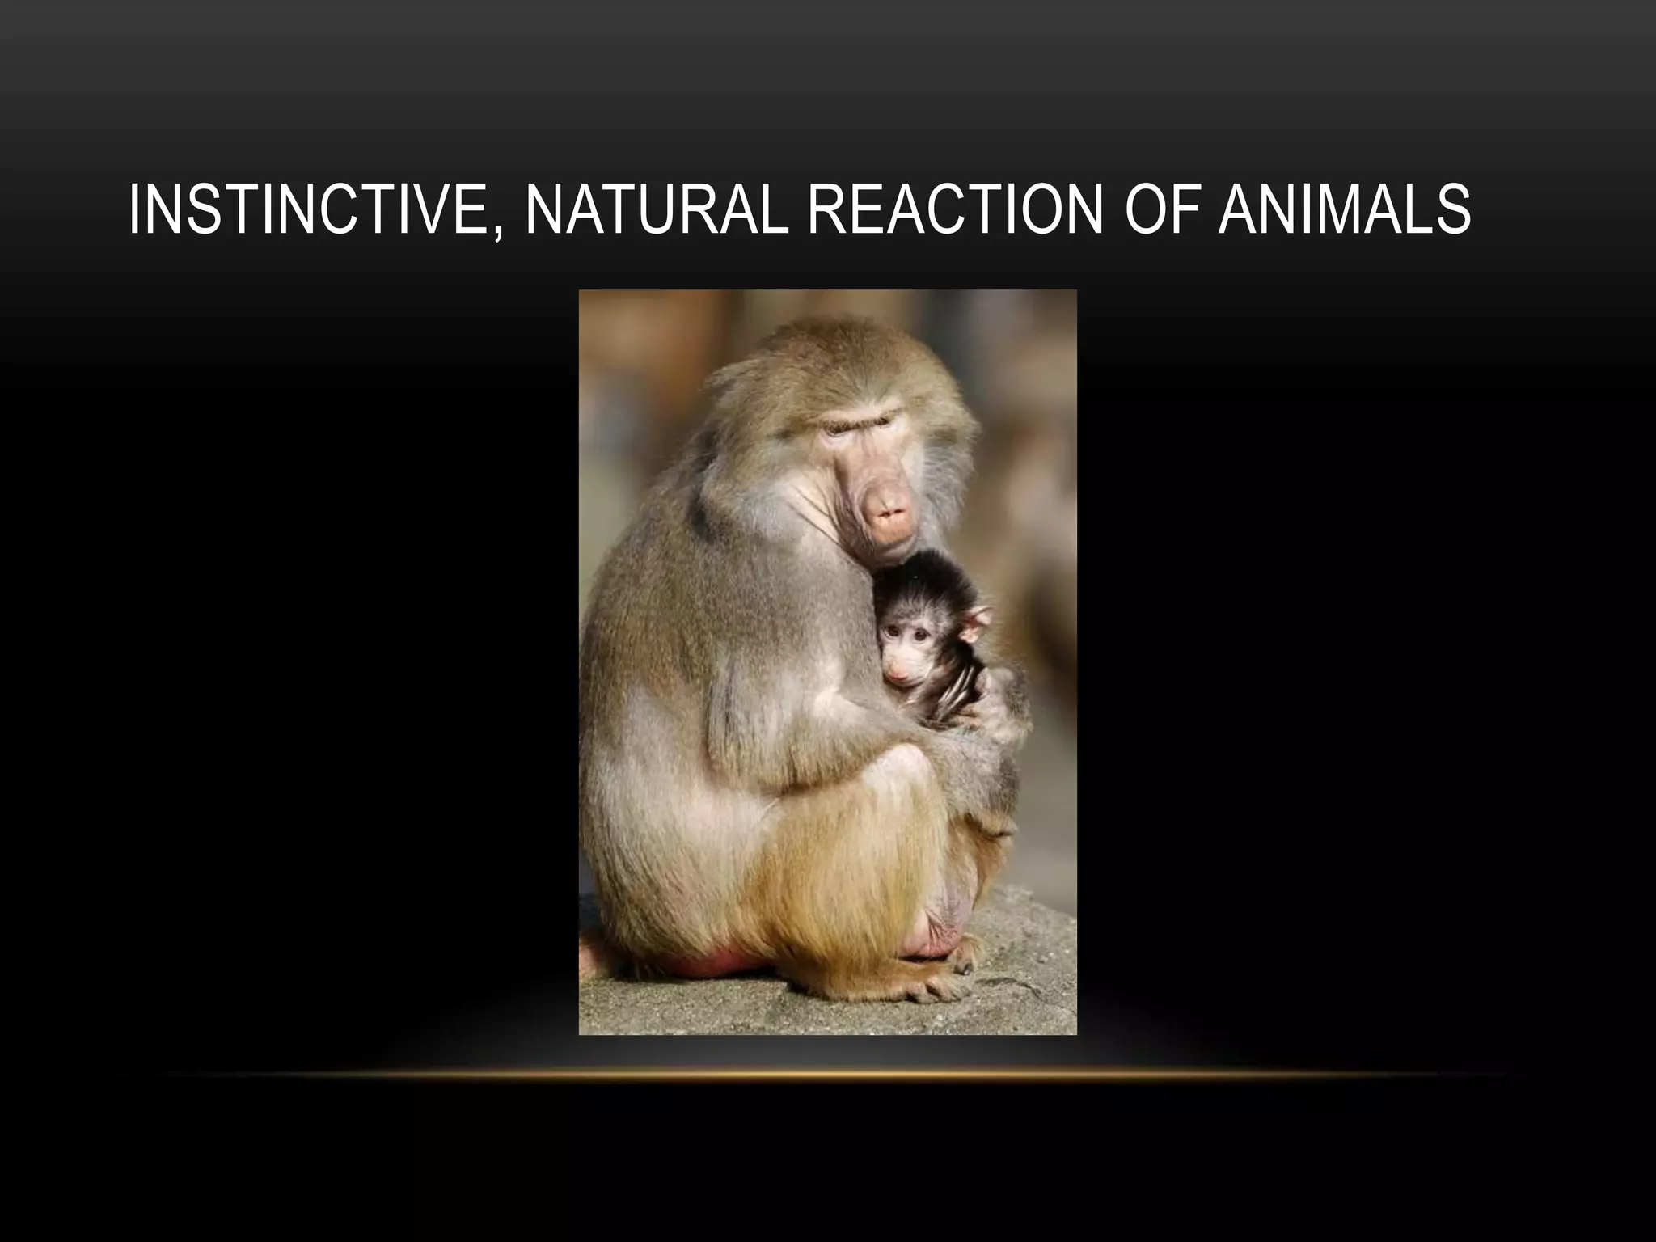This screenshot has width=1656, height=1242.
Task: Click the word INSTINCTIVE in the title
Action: click(307, 210)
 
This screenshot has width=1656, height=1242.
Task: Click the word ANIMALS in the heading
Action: click(1344, 210)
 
